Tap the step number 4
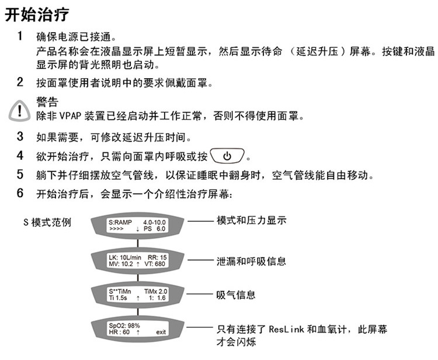20,156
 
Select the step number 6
20,193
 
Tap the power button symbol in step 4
228,156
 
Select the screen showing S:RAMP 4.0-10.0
138,226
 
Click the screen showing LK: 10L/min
138,260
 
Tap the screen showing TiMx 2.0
138,294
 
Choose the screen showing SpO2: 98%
138,328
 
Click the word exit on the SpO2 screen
161,332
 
